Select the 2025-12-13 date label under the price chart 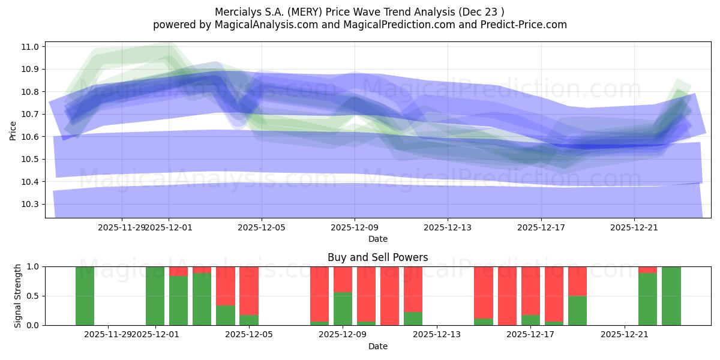[x=448, y=227]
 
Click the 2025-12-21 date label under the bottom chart [x=625, y=334]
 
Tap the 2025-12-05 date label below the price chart [x=262, y=227]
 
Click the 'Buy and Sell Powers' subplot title [x=377, y=257]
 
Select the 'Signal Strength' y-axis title [x=18, y=296]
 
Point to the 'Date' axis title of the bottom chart [x=377, y=346]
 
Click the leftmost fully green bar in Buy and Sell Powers [x=85, y=296]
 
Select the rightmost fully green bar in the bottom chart [x=671, y=296]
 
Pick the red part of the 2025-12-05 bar [x=249, y=290]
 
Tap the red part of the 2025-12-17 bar [x=530, y=290]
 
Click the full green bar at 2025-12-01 [x=155, y=296]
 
